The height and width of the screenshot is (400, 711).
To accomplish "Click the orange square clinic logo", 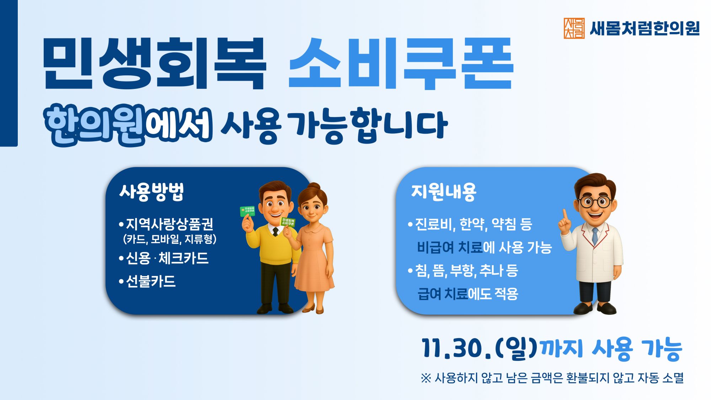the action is point(574,28).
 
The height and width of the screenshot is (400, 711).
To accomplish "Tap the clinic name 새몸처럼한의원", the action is point(645,28).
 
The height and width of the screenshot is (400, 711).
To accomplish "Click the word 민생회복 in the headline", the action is point(154,63).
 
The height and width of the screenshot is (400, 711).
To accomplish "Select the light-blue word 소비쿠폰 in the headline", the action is point(401,63).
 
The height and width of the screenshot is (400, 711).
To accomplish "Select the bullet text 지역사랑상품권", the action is point(170,224).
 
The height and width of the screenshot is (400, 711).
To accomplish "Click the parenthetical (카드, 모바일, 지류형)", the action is point(170,239).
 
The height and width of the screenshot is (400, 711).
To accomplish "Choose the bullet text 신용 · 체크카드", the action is point(167,258).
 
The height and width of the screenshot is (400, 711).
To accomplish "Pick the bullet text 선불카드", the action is point(151,281).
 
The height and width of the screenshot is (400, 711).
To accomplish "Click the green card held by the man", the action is point(247,211).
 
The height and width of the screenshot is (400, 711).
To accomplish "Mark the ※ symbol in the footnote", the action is point(426,378).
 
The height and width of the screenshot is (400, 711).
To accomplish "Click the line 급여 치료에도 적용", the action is point(468,294).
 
